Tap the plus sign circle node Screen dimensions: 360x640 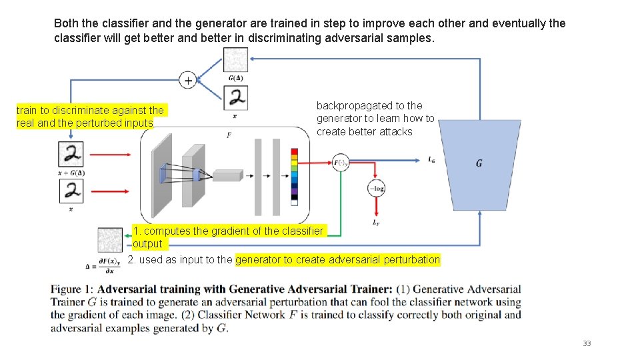pos(189,80)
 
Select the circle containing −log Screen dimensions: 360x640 pos(377,189)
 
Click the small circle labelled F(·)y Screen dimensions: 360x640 pos(340,162)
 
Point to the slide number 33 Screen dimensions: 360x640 pos(587,343)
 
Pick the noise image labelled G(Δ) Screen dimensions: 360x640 pos(235,60)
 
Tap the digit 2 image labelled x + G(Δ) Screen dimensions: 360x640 pos(72,155)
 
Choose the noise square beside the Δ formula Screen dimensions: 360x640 pos(110,239)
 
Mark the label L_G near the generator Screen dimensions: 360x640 pos(432,159)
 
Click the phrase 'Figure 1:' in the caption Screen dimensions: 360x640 pos(73,290)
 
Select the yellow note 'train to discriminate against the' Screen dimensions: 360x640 pos(90,110)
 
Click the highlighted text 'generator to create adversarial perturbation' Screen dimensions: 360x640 pos(338,259)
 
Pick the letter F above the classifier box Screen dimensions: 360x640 pos(229,135)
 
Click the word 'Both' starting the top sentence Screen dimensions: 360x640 pos(66,23)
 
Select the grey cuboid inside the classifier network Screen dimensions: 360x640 pos(227,175)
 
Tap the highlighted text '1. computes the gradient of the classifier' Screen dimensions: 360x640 pos(228,231)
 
